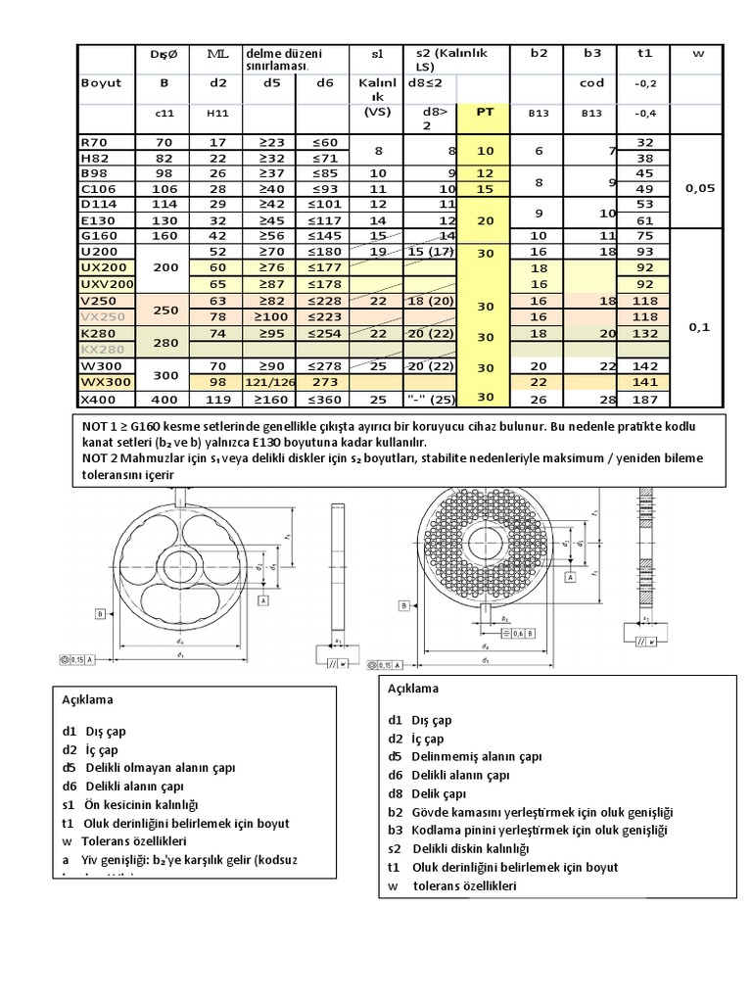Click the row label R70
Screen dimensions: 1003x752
(95, 142)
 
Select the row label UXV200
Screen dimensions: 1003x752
(103, 284)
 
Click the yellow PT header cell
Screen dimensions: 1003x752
(485, 112)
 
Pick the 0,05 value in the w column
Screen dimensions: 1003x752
(698, 188)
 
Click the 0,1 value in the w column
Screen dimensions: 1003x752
(698, 328)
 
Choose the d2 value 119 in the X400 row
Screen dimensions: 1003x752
(218, 399)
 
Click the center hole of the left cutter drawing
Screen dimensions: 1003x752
(178, 567)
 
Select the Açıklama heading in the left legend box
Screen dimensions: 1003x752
(86, 700)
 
